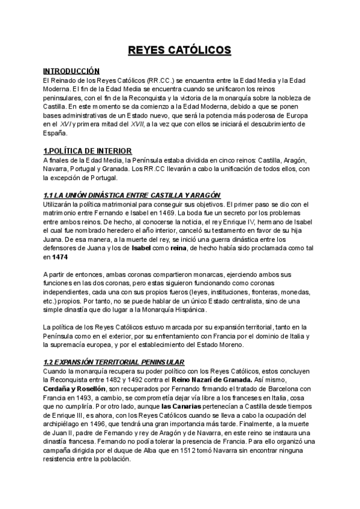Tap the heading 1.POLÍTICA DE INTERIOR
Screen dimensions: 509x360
(88, 150)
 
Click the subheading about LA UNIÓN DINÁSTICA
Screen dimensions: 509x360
(133, 195)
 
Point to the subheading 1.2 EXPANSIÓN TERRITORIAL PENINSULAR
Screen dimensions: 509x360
(114, 362)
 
